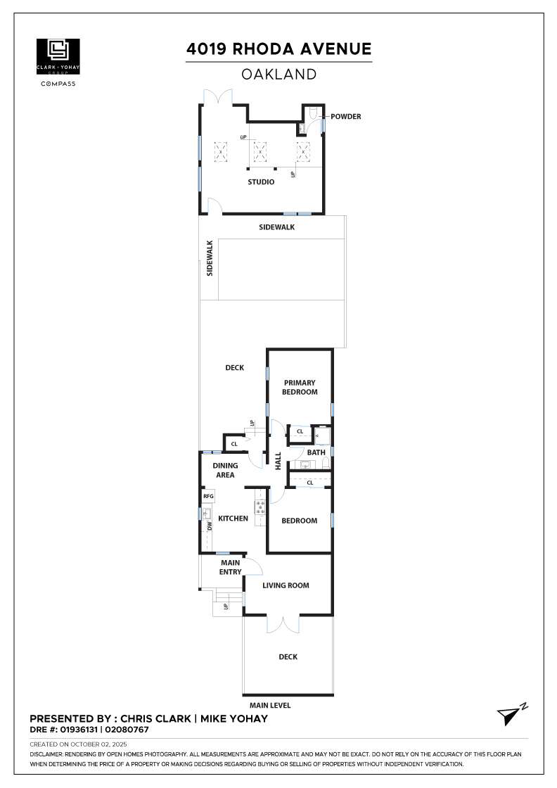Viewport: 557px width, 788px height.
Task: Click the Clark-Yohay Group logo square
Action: pos(58,56)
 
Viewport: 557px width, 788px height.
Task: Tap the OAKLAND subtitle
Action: pos(278,74)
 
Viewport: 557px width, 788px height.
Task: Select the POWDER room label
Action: pos(345,117)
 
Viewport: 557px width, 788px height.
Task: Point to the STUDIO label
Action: pos(260,182)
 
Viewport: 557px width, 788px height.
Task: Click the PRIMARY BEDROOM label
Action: pos(300,388)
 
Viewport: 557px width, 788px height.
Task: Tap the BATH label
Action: pos(316,452)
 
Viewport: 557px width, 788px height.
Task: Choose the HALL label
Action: pos(278,461)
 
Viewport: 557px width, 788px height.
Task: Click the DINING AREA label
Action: pos(225,470)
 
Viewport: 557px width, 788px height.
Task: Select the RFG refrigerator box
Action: pos(208,497)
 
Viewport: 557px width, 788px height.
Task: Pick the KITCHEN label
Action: pos(233,519)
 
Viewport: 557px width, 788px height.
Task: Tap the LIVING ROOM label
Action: pos(286,585)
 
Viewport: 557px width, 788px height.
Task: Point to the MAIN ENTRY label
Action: pos(231,567)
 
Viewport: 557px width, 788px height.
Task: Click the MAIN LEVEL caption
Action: pos(270,705)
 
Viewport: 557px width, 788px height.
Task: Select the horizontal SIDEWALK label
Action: pos(276,227)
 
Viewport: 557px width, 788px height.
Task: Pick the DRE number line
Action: pos(89,730)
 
